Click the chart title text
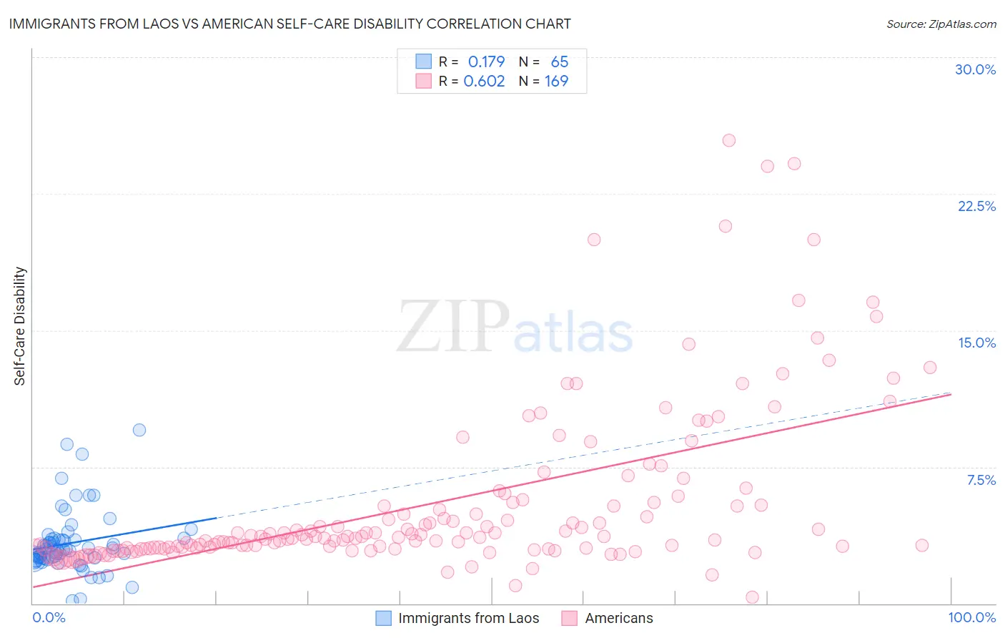click(289, 24)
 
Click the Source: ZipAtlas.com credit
click(941, 24)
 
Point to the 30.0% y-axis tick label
click(975, 69)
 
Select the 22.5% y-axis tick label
click(976, 206)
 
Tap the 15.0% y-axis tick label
click(976, 343)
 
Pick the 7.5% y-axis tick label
click(981, 480)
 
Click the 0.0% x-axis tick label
click(49, 617)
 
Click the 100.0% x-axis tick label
click(971, 617)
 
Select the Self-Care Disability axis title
click(20, 326)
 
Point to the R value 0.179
click(486, 62)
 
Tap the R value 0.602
click(484, 82)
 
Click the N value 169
click(556, 82)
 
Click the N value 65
click(559, 62)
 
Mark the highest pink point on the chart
click(728, 140)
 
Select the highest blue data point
click(139, 430)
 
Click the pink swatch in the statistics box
click(424, 82)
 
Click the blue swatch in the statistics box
click(424, 62)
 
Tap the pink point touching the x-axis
click(752, 597)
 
